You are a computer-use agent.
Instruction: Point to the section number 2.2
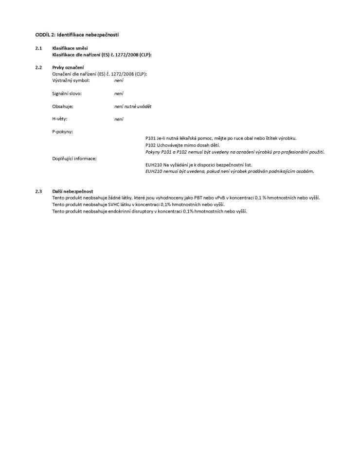(x=38, y=67)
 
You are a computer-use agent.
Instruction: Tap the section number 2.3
(x=38, y=191)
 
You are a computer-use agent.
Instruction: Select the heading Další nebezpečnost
(x=72, y=191)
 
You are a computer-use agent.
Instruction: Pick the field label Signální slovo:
(x=67, y=93)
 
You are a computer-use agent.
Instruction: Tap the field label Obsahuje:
(x=62, y=106)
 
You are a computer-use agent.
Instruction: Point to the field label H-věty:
(x=60, y=119)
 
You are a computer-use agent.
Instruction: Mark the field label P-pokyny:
(x=62, y=132)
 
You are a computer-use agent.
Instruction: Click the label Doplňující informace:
(x=74, y=159)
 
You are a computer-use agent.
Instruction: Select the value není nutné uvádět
(x=129, y=106)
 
